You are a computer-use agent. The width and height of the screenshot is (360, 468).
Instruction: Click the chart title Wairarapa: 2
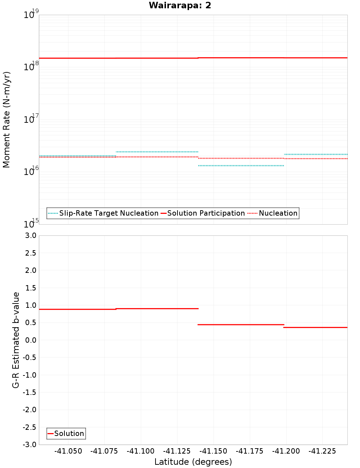(x=180, y=5)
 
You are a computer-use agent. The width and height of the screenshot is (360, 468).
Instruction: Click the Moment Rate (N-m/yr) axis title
(x=6, y=120)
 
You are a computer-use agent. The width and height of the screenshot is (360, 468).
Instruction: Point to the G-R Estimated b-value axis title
(x=16, y=340)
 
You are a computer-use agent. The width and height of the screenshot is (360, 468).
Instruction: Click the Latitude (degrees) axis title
(x=193, y=462)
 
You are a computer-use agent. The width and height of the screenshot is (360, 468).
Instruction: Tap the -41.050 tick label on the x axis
(x=68, y=451)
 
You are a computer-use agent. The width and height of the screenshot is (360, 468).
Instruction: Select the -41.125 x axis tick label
(x=177, y=451)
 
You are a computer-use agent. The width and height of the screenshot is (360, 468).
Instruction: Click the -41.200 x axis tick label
(x=286, y=451)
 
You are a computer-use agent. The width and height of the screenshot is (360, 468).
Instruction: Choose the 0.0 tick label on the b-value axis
(x=31, y=340)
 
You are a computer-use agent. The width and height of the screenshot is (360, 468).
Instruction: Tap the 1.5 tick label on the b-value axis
(x=31, y=288)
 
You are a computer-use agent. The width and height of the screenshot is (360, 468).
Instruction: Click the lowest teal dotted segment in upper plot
(x=241, y=166)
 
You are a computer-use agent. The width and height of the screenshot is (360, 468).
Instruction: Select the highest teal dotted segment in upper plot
(x=157, y=152)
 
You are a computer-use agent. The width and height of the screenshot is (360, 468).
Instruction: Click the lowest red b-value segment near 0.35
(x=316, y=327)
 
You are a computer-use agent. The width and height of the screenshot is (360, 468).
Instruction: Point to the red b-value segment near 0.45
(x=241, y=325)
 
